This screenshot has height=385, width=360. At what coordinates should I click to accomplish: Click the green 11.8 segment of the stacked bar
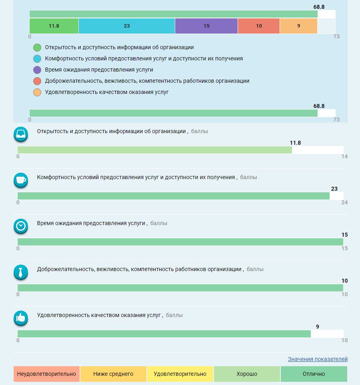pos(54,26)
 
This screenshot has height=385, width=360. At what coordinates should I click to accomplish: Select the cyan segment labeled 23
pos(126,26)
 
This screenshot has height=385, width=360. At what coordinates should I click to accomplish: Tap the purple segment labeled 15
pos(206,26)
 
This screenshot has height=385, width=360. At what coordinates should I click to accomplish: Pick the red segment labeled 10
pos(259,26)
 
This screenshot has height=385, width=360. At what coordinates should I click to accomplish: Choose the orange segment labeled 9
pos(298,26)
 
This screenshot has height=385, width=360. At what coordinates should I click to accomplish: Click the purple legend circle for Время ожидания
pos(37,70)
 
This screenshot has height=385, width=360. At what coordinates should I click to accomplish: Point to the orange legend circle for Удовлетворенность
pos(37,92)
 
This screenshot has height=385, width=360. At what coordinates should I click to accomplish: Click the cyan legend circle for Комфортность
pos(37,59)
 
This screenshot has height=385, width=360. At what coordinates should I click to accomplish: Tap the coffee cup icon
pos(21,180)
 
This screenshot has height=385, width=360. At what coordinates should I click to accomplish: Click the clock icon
pos(21,226)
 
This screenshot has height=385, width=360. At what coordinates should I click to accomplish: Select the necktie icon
pos(21,272)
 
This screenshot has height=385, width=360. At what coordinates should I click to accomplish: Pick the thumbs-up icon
pos(21,318)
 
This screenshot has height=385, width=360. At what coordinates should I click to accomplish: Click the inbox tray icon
pos(21,134)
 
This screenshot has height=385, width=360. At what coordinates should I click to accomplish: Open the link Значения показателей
pos(318,359)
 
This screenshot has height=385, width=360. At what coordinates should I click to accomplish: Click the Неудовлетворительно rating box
pos(46,374)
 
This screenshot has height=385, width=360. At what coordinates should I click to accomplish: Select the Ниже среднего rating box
pos(113,374)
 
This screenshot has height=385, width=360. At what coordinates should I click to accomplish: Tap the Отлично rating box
pos(314,374)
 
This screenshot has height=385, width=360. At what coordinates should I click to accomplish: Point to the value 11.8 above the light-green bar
pos(295,143)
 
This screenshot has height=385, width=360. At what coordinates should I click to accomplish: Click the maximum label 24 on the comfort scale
pos(344,202)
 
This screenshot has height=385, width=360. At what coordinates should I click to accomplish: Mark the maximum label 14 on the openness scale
pos(344,156)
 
